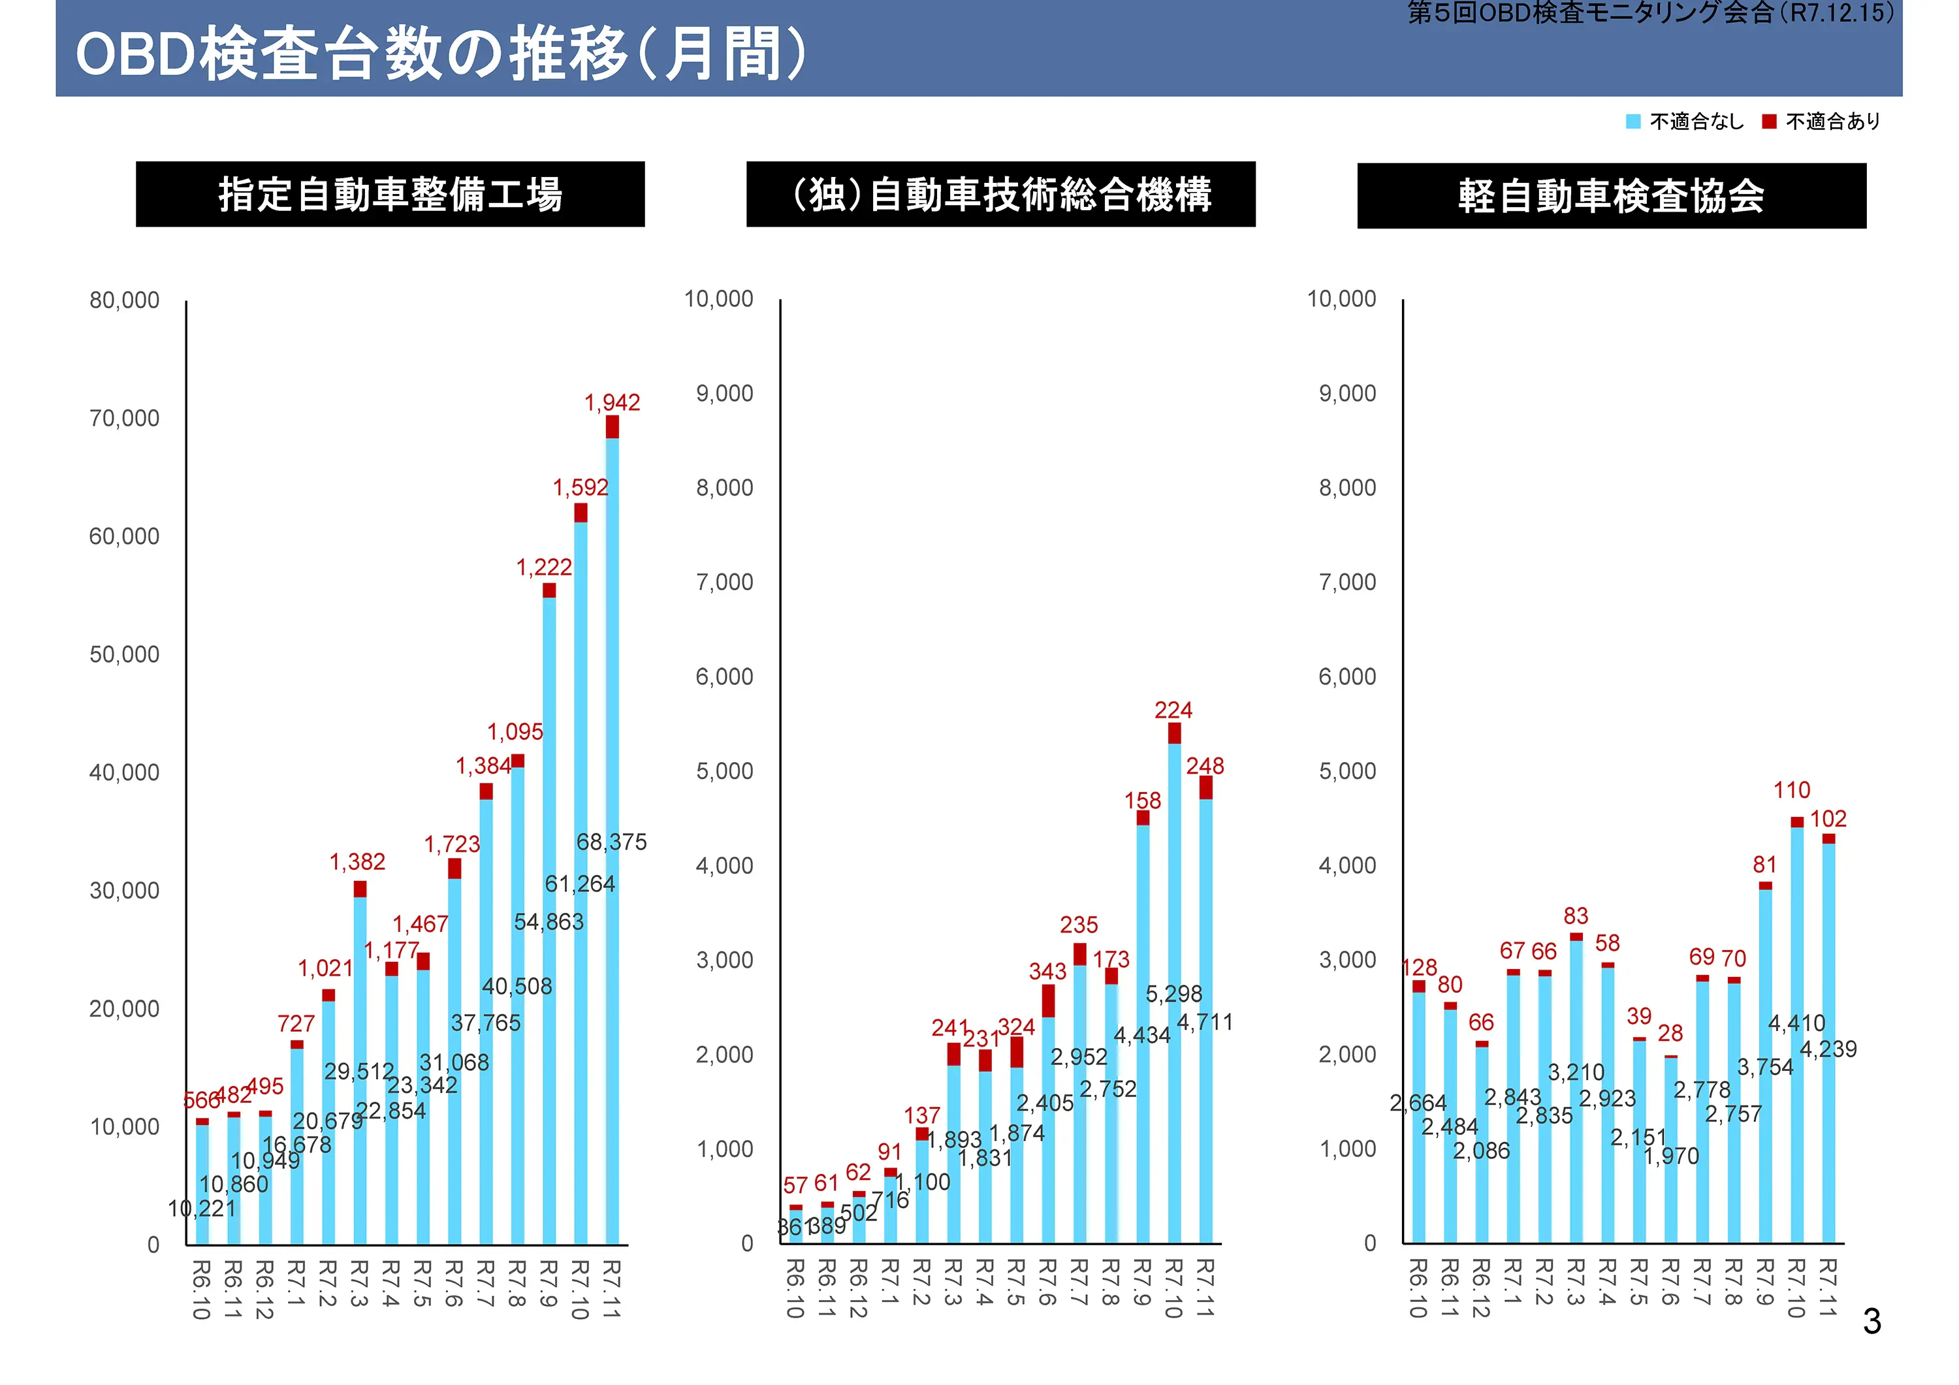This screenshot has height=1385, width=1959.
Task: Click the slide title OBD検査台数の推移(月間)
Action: [440, 54]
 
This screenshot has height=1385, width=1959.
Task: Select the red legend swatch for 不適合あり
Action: [1769, 121]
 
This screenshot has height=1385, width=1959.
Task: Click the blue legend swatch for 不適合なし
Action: [1632, 121]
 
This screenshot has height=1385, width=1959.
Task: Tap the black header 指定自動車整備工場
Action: [390, 195]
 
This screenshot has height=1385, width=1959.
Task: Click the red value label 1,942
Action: [612, 402]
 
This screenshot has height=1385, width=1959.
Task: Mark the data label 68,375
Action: [611, 842]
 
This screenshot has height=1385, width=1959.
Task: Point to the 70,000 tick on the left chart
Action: [125, 418]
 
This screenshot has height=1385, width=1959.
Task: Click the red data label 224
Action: [1173, 709]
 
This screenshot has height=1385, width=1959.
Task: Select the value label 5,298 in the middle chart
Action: [1173, 993]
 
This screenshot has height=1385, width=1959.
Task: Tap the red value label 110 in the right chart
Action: [1792, 789]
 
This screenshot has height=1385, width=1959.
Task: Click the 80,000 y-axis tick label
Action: [125, 300]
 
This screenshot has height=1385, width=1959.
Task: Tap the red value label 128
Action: [1420, 967]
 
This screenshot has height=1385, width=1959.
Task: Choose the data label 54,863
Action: [549, 921]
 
